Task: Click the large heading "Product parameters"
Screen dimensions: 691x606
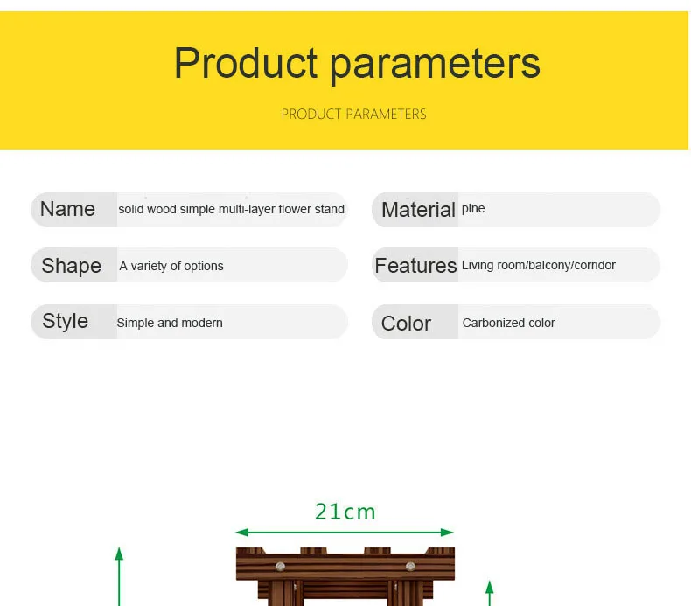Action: pos(357,64)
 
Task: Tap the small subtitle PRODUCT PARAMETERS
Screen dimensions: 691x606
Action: pos(354,115)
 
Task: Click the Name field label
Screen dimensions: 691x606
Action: pos(67,209)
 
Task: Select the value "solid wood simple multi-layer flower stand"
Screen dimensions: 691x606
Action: pos(232,209)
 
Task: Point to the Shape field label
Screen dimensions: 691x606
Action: pos(72,266)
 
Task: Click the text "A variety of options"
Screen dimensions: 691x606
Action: pos(171,266)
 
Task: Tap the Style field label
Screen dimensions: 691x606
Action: pos(66,321)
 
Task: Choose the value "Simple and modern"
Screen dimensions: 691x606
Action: pos(170,323)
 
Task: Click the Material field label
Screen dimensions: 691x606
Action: pos(418,210)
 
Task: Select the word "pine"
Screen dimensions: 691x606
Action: pos(473,208)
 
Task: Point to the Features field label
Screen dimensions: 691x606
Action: pos(415,265)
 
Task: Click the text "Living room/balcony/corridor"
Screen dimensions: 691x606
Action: pos(539,265)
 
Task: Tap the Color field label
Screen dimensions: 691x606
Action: pos(406,324)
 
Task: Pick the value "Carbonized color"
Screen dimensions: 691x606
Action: pos(508,323)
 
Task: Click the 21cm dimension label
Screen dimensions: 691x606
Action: pos(345,512)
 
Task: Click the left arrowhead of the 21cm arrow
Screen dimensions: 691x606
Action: pos(242,533)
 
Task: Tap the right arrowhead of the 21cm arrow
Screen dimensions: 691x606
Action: pos(447,533)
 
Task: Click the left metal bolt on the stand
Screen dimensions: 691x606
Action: pos(280,567)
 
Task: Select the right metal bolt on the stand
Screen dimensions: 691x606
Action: pos(410,567)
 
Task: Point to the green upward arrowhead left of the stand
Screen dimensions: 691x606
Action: pos(119,554)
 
